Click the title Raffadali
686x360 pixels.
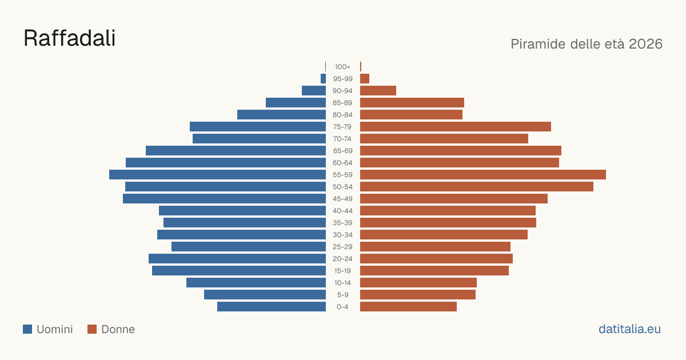point(70,38)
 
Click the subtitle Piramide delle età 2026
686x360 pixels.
point(587,44)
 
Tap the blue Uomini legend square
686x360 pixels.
point(27,329)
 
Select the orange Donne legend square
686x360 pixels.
point(92,329)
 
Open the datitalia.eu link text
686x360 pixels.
point(629,329)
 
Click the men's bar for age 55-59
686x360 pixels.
point(217,174)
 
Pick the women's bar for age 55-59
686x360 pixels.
point(483,174)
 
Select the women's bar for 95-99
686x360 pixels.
point(365,79)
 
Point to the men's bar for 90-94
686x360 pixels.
point(314,91)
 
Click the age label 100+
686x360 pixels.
point(342,67)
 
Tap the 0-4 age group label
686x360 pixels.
point(342,307)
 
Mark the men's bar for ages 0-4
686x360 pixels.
point(272,307)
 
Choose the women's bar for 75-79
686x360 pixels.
point(456,127)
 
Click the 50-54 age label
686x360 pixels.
point(342,187)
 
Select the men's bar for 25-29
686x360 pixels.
point(249,247)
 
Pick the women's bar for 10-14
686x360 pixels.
point(418,282)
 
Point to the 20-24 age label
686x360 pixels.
point(342,259)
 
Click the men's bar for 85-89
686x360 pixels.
point(296,102)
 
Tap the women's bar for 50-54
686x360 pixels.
point(477,187)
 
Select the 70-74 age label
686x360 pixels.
point(342,139)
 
